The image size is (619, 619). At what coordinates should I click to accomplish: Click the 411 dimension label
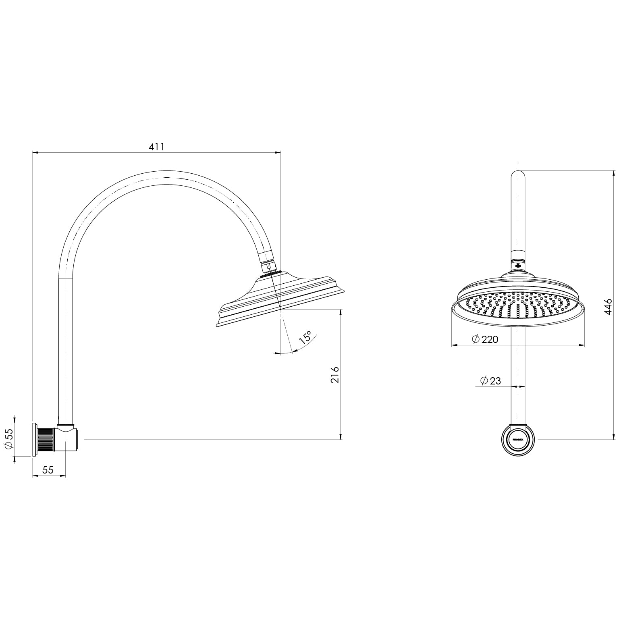click(x=157, y=147)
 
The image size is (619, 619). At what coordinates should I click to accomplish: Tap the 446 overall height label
click(x=608, y=307)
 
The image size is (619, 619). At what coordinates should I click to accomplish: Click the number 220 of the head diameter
click(x=490, y=340)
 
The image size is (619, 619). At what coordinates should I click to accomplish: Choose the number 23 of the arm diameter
click(x=495, y=380)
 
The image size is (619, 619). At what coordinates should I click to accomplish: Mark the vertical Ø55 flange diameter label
click(x=9, y=439)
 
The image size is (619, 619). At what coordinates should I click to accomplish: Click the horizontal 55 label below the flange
click(x=48, y=470)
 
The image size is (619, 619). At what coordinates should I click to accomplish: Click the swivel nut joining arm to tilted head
click(x=268, y=267)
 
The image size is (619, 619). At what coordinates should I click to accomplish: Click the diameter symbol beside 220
click(x=476, y=340)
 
